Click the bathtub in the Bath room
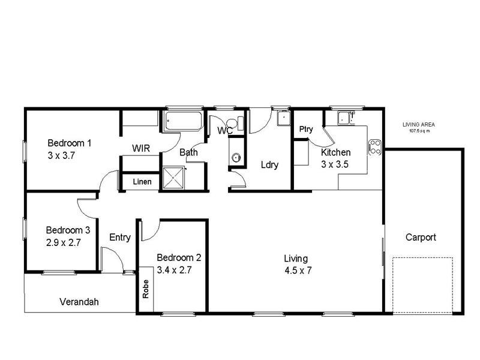tap(183, 121)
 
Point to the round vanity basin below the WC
tap(236, 158)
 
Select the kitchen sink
tap(346, 118)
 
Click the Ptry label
tap(306, 130)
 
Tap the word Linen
tap(142, 182)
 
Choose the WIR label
tap(142, 148)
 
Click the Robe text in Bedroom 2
tap(145, 290)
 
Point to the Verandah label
tap(79, 302)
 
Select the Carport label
tap(421, 237)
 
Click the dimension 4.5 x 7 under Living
tap(298, 270)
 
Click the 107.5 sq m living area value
tap(419, 131)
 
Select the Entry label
tap(120, 237)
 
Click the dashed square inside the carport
tap(422, 285)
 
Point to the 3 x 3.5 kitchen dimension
tap(335, 164)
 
